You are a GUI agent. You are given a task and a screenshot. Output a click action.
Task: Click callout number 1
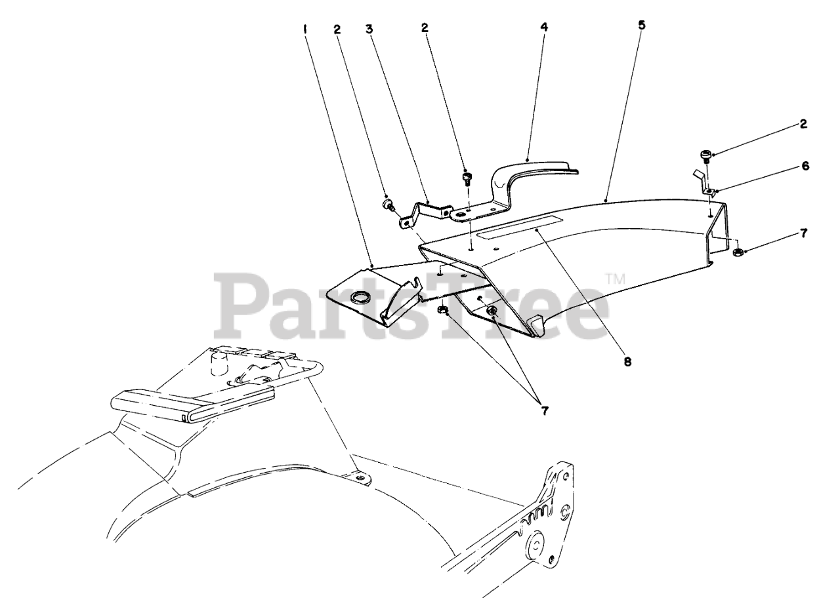pyautogui.click(x=305, y=29)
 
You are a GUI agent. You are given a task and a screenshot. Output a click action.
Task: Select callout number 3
pyautogui.click(x=369, y=29)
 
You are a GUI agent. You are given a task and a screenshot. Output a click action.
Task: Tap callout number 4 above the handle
pyautogui.click(x=544, y=28)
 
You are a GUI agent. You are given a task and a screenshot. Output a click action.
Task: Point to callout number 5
pyautogui.click(x=642, y=25)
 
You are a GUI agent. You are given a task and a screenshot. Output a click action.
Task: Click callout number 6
pyautogui.click(x=805, y=167)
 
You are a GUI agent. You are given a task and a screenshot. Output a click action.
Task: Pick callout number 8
pyautogui.click(x=628, y=360)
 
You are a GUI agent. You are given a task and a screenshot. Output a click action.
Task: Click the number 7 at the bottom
pyautogui.click(x=543, y=412)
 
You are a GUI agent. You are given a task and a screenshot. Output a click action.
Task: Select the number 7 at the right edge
pyautogui.click(x=803, y=233)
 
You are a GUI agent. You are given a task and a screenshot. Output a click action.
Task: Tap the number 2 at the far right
pyautogui.click(x=803, y=124)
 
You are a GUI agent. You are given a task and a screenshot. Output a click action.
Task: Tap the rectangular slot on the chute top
pyautogui.click(x=518, y=226)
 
